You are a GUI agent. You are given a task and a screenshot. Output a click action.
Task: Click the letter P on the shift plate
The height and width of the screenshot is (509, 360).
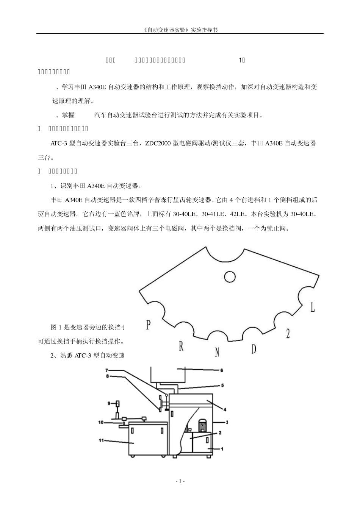149,325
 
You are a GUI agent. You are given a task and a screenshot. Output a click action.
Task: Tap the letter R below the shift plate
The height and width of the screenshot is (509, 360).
181,346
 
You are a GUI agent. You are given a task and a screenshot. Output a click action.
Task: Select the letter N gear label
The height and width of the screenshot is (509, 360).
217,352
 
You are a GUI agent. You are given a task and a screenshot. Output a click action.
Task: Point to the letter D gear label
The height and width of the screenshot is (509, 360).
254,348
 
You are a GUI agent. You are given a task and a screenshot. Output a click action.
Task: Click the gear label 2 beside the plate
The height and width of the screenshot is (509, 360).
288,334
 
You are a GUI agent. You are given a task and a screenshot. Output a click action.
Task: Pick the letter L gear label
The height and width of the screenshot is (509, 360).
312,308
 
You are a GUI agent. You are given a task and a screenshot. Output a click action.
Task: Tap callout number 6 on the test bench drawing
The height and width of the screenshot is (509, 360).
222,370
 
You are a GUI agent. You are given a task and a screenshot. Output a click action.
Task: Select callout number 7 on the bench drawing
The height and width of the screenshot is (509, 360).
107,370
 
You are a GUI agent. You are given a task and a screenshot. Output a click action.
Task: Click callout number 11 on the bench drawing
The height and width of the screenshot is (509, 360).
102,441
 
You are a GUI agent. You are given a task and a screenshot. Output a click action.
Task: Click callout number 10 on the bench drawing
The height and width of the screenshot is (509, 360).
101,422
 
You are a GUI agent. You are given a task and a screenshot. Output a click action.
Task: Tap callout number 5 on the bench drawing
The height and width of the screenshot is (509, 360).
222,386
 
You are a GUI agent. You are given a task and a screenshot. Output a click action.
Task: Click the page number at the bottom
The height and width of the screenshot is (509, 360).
180,481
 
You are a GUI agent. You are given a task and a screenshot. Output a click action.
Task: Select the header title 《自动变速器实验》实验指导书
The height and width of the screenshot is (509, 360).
180,29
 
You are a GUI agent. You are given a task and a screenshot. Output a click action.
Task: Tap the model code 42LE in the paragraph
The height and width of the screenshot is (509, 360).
238,214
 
